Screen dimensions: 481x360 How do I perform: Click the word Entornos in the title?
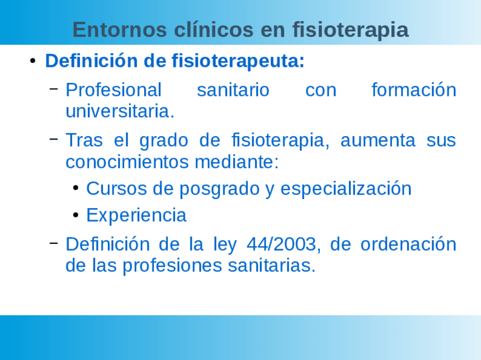120,29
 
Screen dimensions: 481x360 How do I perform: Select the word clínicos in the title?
214,29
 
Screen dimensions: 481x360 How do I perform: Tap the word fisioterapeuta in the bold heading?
238,61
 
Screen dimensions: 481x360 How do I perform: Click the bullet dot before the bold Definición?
32,61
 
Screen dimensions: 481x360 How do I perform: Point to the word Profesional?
113,90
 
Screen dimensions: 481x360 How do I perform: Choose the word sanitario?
233,90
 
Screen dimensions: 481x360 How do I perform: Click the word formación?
414,90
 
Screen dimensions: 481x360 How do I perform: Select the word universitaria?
120,111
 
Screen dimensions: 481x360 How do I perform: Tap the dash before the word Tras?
54,139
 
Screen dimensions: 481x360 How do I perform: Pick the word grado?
164,141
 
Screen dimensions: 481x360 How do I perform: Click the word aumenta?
378,141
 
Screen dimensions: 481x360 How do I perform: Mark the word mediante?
237,162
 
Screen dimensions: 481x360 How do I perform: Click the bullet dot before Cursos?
76,188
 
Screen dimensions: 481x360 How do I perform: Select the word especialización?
346,189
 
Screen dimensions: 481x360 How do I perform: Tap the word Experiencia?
137,215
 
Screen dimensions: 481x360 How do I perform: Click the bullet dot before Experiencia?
76,215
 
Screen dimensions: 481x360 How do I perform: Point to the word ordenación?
408,244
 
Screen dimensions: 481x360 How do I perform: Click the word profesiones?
172,265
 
